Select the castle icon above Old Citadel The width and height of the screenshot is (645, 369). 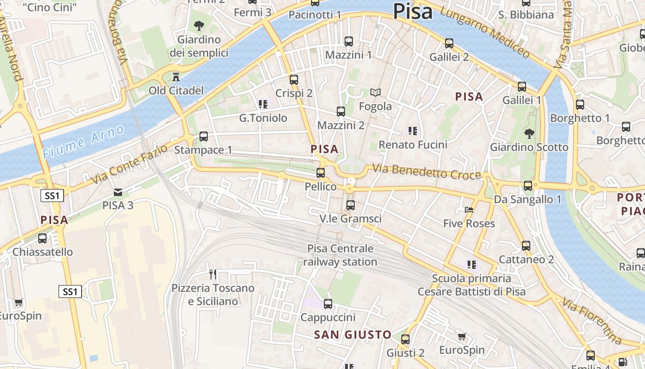(x=176, y=76)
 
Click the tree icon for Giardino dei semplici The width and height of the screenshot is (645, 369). (x=199, y=25)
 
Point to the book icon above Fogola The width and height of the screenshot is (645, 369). (x=375, y=93)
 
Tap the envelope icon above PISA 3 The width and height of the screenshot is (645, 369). (x=118, y=192)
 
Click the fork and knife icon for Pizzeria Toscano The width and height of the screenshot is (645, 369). (x=213, y=274)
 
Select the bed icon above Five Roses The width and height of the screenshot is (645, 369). (x=469, y=210)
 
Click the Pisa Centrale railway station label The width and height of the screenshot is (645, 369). (x=340, y=255)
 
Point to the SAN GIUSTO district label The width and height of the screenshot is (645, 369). (x=352, y=335)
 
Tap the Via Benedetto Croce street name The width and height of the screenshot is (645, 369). (x=426, y=172)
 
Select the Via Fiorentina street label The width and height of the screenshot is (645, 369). (x=592, y=321)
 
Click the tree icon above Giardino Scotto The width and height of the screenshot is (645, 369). (x=529, y=134)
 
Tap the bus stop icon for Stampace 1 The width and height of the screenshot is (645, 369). (x=203, y=137)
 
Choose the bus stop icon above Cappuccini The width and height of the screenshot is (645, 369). (x=328, y=304)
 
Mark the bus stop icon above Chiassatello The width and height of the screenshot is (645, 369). (x=42, y=238)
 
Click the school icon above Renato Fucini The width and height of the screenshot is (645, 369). (x=412, y=131)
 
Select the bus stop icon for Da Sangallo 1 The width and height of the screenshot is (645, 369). (x=528, y=186)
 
